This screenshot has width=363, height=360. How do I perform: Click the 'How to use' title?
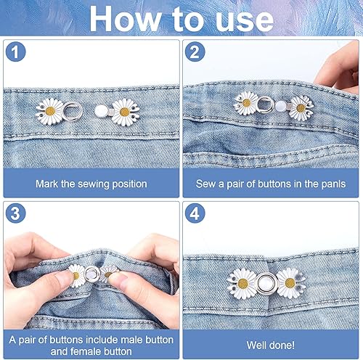click(x=181, y=18)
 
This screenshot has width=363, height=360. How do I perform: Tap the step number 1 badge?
click(x=15, y=54)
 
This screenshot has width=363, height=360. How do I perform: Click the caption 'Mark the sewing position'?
click(x=91, y=184)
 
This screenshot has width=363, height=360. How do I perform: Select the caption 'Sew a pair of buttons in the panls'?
click(x=271, y=184)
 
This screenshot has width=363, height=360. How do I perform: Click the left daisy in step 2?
click(x=247, y=106)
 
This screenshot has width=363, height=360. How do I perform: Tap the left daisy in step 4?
click(x=242, y=280)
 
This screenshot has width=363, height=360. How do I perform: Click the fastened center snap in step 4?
click(x=266, y=280)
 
